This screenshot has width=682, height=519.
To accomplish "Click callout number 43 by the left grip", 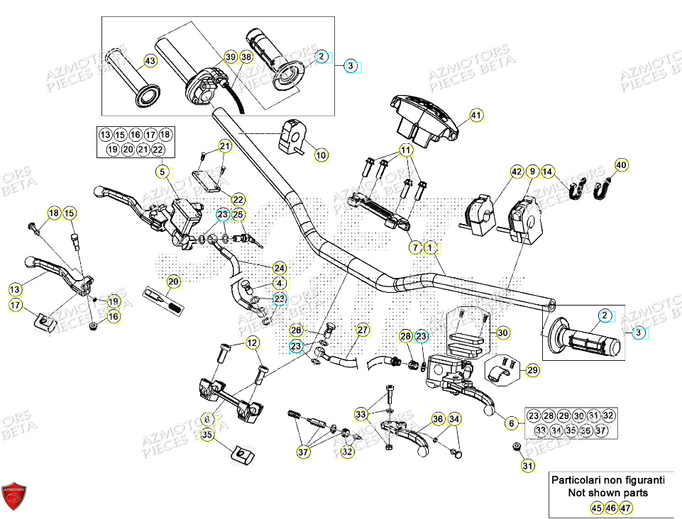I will pos(150,62).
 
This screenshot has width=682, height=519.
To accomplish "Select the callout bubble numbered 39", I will pos(231,57).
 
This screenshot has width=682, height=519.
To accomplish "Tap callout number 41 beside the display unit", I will pos(475,115).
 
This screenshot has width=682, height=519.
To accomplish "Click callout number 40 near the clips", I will pos(622,166).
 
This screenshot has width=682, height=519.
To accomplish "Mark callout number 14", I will pos(548,171).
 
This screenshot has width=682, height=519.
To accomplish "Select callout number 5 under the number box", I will pos(163,171).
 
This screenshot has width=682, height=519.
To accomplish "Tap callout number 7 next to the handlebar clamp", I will pos(415,247).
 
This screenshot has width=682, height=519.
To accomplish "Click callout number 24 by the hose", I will pos(280,268).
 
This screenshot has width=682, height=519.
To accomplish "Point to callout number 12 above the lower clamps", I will pos(253,343).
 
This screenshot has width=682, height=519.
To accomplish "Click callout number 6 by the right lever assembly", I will pos(509,423).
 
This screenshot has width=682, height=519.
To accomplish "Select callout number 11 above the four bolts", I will pos(405,150).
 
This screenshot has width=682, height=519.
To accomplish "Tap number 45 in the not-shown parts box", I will pos(598,508).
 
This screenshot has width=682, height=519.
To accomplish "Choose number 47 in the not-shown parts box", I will pos(625,508).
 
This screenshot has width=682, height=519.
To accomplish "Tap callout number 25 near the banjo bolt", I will pos(238,214).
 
